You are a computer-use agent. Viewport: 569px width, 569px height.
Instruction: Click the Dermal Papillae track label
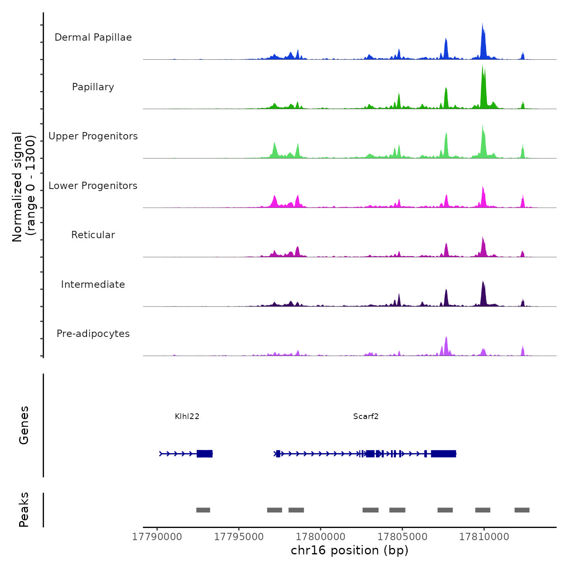point(93,37)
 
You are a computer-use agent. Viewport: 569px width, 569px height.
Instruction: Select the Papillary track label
point(93,87)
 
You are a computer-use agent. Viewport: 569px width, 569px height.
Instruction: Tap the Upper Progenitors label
point(93,136)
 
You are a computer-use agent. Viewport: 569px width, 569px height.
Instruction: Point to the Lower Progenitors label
point(93,186)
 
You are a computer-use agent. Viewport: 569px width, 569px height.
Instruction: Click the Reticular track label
point(93,235)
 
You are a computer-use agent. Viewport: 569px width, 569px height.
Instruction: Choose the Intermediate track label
point(93,284)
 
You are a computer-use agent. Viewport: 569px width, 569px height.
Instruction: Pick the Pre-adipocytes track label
point(93,334)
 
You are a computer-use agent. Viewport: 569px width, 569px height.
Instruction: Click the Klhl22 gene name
point(187,416)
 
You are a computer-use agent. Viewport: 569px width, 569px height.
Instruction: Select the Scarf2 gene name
point(366,416)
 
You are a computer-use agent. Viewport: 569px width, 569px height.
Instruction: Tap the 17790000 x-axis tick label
point(157,537)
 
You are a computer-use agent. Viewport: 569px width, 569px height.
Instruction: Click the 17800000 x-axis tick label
point(321,537)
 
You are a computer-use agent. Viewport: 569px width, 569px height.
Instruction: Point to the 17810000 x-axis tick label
point(484,537)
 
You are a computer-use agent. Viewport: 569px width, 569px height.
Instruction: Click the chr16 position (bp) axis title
point(350,550)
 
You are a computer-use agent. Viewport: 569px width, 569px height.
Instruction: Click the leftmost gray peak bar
point(203,510)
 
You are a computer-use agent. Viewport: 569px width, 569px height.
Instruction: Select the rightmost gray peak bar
point(522,510)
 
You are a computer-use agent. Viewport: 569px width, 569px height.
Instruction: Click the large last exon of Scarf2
point(443,454)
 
